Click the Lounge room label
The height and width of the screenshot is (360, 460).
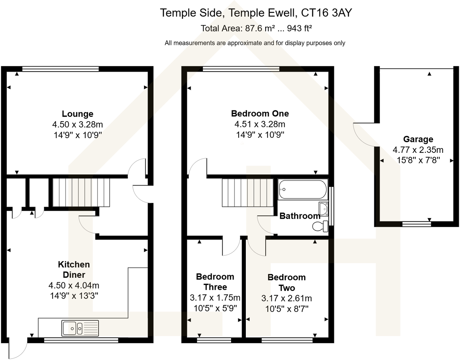77,114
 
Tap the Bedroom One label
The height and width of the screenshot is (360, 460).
260,114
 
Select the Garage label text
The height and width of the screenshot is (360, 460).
418,139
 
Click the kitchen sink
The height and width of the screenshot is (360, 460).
80,328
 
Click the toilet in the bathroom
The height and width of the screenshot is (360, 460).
320,226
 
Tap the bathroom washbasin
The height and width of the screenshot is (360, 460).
323,208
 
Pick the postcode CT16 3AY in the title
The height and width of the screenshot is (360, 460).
326,13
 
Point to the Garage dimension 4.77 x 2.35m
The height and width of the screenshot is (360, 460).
418,150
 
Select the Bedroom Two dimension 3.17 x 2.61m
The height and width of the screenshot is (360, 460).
287,298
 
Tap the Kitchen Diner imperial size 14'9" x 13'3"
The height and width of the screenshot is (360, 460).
74,296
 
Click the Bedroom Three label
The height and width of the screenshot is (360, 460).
215,282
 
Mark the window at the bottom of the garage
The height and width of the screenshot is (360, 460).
416,224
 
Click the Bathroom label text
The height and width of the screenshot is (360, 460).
299,216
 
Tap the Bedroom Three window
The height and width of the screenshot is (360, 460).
214,338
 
